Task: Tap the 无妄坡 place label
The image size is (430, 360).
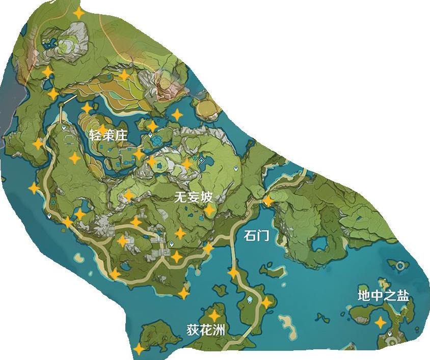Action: [193, 198]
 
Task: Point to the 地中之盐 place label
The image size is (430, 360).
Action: [383, 296]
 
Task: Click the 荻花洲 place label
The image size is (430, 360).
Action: [205, 329]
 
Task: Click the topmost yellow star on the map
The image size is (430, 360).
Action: [78, 13]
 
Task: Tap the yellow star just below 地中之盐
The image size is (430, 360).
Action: [380, 322]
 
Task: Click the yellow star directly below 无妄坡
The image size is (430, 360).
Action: [209, 210]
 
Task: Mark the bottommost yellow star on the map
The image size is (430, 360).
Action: [139, 349]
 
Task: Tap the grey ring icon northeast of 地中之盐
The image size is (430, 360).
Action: [401, 265]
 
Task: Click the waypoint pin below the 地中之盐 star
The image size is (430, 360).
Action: [390, 334]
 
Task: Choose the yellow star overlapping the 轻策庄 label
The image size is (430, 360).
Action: [102, 129]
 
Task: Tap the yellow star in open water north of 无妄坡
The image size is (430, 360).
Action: [177, 115]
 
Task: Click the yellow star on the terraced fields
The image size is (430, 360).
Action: [124, 76]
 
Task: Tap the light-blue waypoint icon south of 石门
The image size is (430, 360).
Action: [250, 299]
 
